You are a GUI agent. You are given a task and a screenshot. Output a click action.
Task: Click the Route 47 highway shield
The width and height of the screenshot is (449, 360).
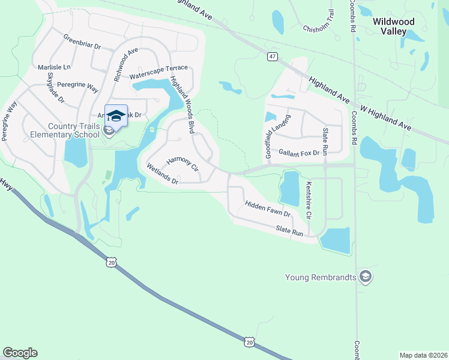(x=273, y=56)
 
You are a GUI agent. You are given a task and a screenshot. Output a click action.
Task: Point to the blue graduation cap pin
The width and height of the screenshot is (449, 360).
(x=116, y=116)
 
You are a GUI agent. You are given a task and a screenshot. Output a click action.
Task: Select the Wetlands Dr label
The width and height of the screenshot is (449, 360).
(x=162, y=175)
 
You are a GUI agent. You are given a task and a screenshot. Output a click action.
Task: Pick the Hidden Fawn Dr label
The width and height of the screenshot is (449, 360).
(x=268, y=209)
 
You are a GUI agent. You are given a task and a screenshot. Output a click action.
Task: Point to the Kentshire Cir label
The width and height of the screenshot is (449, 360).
(x=310, y=199)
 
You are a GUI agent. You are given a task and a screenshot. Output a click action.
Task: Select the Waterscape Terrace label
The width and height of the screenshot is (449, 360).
(x=158, y=72)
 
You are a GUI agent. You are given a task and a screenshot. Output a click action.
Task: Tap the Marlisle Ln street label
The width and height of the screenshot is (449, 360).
(x=54, y=67)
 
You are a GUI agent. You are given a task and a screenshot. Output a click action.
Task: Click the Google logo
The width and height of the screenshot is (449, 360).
(x=20, y=353)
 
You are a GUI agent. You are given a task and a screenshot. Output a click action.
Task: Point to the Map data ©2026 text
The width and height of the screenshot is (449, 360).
(x=423, y=355)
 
